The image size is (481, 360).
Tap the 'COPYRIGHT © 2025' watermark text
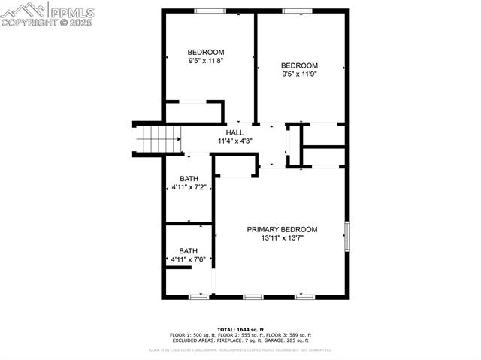47,22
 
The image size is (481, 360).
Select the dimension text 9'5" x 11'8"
205,61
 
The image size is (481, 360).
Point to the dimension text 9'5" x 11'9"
300,74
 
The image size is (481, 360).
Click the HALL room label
234,132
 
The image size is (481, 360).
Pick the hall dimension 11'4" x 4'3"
234,141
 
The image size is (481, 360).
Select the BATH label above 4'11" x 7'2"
189,178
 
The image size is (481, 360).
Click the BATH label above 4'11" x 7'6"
189,250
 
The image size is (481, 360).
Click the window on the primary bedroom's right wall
346,236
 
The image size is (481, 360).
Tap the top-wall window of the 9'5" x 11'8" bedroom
210,11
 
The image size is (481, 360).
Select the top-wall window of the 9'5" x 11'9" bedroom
297,11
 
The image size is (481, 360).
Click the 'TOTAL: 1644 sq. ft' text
240,330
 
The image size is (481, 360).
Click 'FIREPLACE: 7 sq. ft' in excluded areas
231,340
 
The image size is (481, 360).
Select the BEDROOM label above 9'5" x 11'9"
300,65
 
